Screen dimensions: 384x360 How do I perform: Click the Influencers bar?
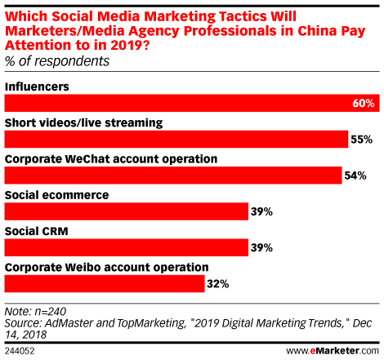[x=192, y=103]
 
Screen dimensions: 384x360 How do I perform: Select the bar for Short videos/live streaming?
[x=176, y=139]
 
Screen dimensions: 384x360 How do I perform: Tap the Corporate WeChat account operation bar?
[x=173, y=176]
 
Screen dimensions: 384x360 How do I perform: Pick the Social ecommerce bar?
[x=127, y=211]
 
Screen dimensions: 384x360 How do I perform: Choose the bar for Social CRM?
[x=127, y=247]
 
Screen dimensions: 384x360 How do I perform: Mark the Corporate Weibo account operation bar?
[x=105, y=284]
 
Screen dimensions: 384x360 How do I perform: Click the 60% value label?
[x=364, y=104]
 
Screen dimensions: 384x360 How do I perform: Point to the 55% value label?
[x=361, y=140]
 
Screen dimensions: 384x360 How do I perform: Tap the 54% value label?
[x=355, y=176]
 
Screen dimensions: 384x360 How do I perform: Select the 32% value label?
[x=218, y=284]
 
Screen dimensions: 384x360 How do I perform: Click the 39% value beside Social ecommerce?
[x=261, y=212]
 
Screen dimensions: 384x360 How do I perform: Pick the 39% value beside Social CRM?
[x=261, y=248]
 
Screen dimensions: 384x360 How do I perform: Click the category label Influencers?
[x=37, y=87]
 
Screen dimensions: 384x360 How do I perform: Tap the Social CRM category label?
[x=37, y=231]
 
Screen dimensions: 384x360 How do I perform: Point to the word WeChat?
[x=87, y=159]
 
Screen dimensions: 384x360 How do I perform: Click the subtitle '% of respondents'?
[x=57, y=61]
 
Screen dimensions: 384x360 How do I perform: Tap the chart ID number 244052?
[x=20, y=351]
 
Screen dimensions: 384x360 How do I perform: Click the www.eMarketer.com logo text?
[x=333, y=351]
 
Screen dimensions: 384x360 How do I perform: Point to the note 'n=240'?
[x=51, y=312]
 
